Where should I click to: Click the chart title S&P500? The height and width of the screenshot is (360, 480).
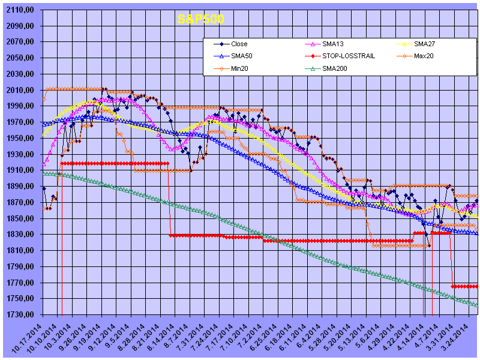pos(200,19)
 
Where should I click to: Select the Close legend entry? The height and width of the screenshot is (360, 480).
pos(239,44)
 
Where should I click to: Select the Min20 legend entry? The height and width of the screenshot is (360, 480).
pos(239,68)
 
